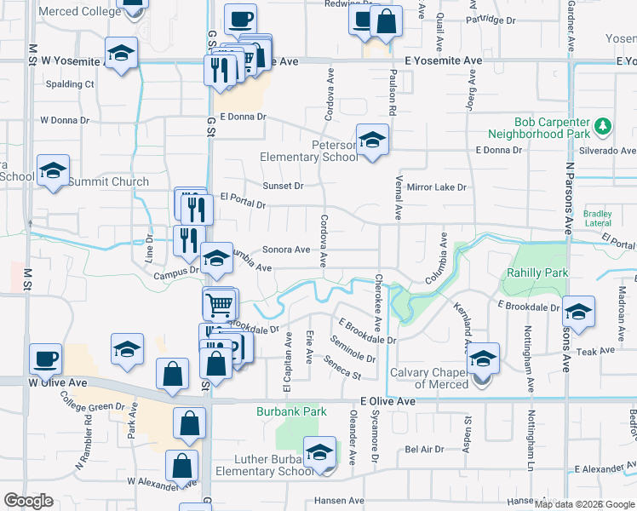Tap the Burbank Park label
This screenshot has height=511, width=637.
[292, 411]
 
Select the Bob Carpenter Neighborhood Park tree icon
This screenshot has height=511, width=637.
[603, 127]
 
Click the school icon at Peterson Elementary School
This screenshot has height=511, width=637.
[372, 141]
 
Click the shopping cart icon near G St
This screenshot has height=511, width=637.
[220, 303]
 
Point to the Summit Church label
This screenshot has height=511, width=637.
[108, 181]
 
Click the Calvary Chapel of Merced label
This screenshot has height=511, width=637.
[429, 378]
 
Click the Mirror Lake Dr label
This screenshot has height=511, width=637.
[437, 187]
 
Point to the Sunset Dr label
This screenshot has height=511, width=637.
[283, 186]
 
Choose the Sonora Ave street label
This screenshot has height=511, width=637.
[286, 250]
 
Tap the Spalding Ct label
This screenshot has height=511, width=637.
[70, 84]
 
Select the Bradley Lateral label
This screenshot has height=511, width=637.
[598, 218]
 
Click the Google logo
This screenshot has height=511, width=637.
[28, 501]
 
